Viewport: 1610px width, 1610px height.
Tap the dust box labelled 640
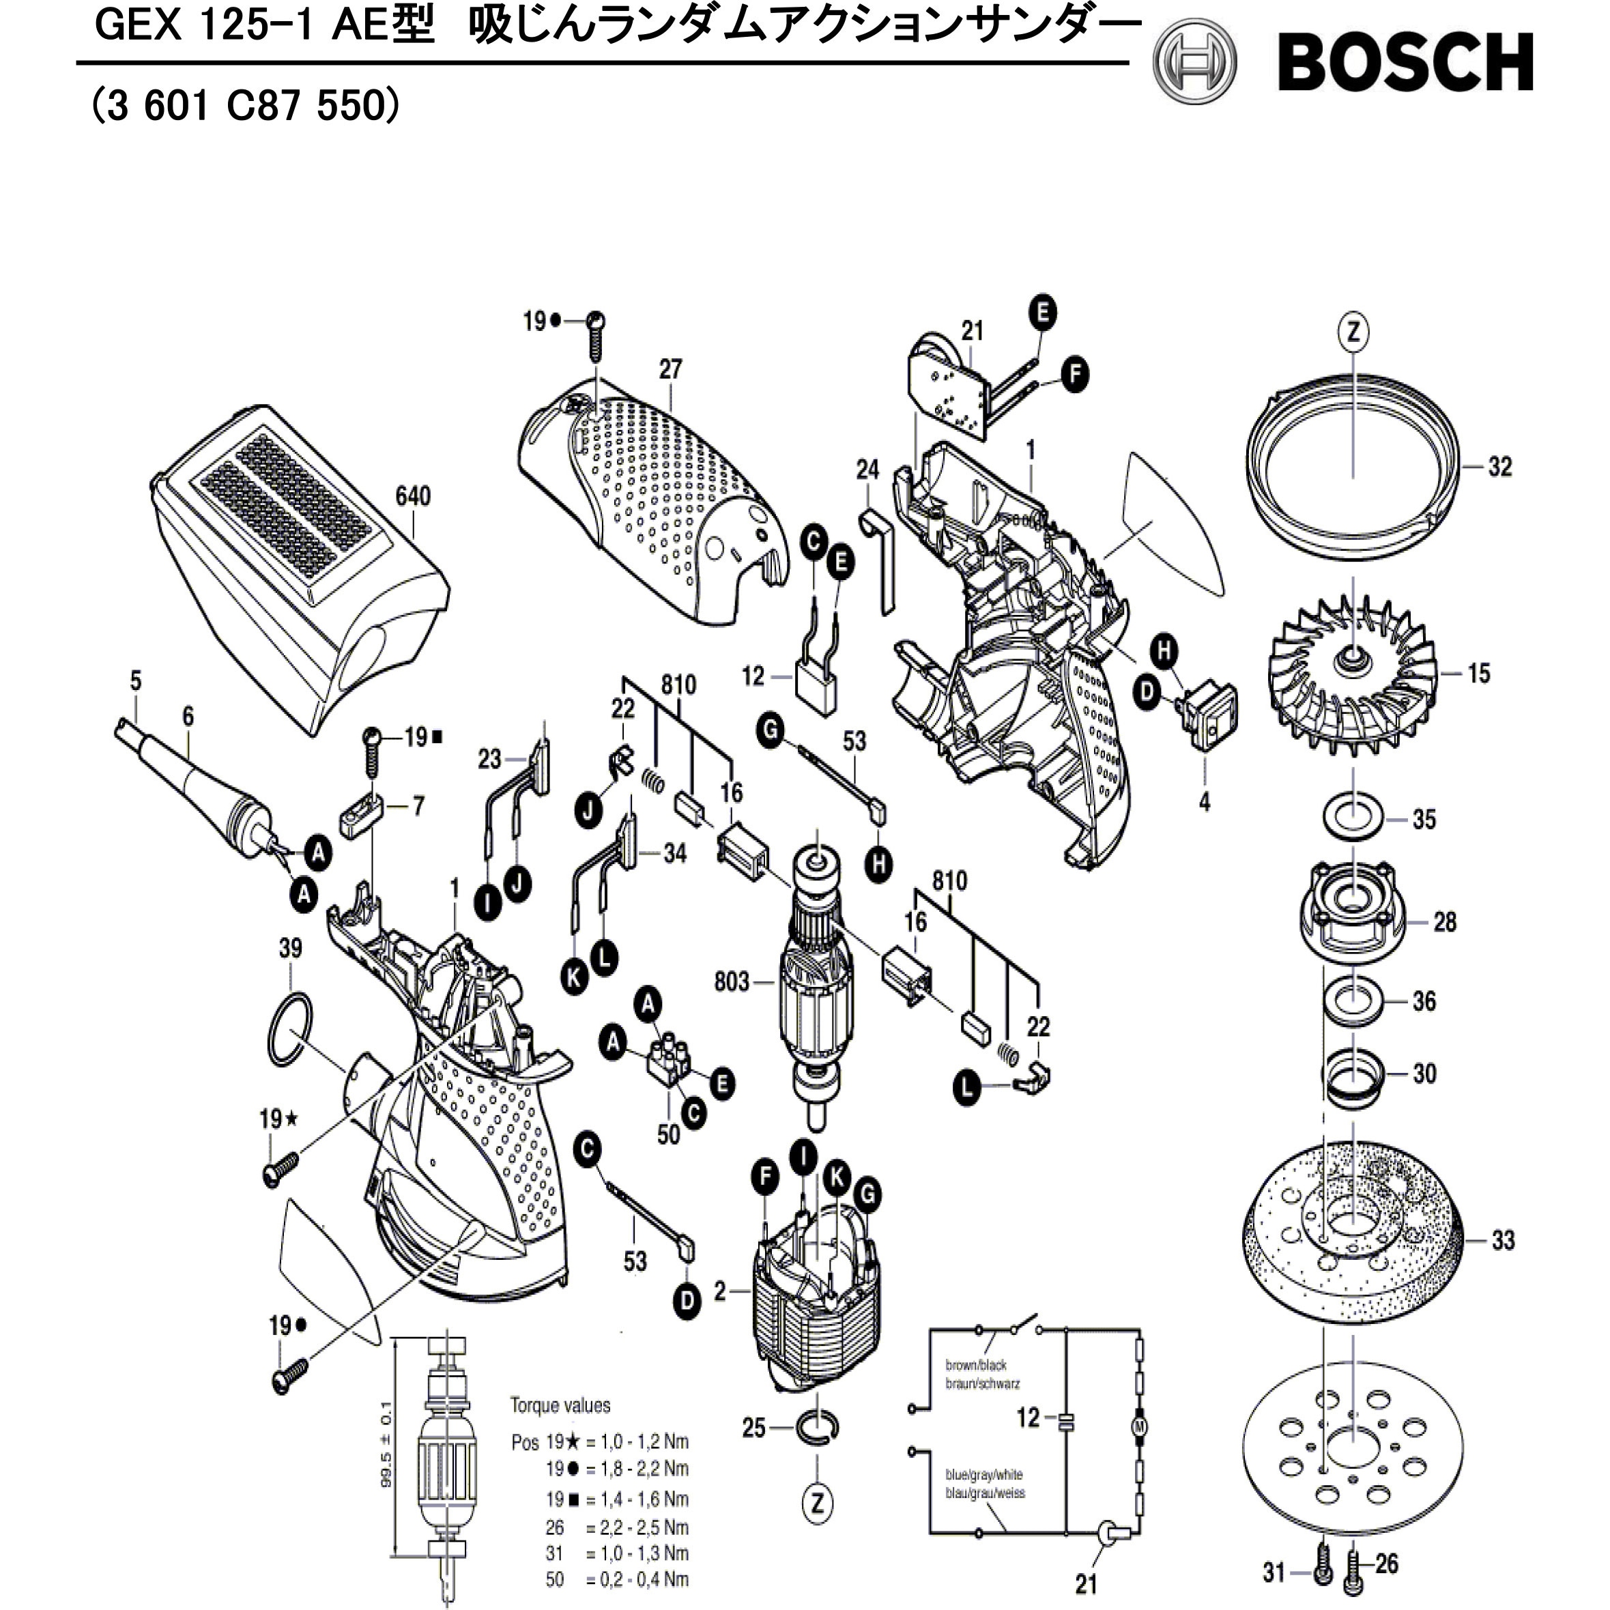click(x=300, y=575)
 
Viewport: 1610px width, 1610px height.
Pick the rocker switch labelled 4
click(x=1209, y=715)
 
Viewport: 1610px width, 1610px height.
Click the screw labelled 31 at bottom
click(x=1323, y=1572)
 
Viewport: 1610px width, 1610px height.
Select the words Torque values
click(x=560, y=1406)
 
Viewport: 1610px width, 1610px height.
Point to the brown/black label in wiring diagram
click(x=976, y=1365)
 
